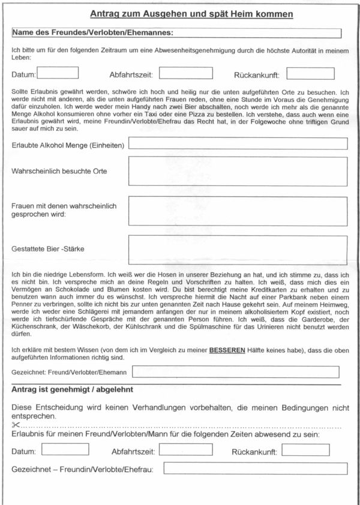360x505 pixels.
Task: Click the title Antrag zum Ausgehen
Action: point(191,13)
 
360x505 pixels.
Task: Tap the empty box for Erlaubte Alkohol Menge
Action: point(238,144)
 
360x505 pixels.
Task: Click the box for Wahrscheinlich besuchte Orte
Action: point(238,172)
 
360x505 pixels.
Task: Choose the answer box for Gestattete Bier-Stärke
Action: point(238,250)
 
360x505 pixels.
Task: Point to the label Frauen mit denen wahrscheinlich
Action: point(64,206)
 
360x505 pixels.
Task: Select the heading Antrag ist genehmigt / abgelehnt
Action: point(72,390)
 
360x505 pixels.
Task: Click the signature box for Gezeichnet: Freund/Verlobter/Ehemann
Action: point(235,372)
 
